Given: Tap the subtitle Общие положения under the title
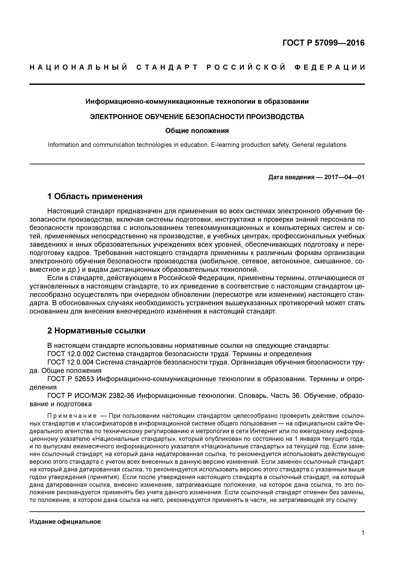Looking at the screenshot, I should click(x=197, y=131).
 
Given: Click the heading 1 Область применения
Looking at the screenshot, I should click(x=95, y=196).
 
